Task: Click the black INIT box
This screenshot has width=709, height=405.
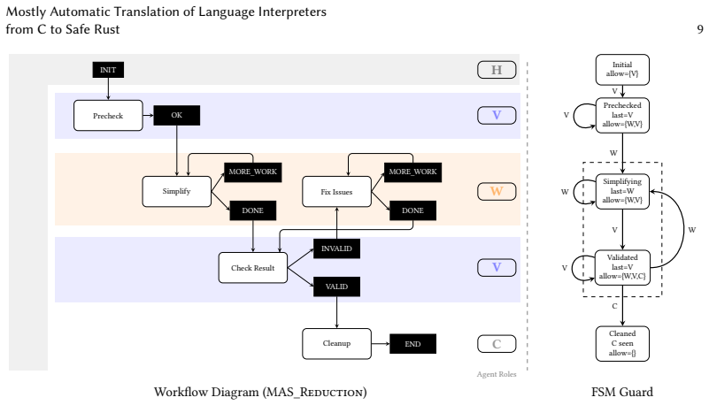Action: (x=108, y=70)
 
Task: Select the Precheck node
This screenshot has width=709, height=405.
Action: (x=108, y=116)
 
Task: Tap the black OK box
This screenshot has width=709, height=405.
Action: (x=177, y=115)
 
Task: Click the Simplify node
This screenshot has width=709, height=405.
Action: (x=177, y=191)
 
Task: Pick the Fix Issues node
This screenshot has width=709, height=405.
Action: (x=337, y=191)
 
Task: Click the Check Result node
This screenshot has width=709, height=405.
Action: (x=253, y=268)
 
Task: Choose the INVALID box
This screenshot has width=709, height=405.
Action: (x=337, y=248)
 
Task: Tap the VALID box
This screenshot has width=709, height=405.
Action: (x=337, y=287)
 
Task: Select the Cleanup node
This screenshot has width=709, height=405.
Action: (x=337, y=344)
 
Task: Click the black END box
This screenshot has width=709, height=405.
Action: (x=412, y=344)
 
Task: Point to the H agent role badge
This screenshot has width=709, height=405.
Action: (x=497, y=70)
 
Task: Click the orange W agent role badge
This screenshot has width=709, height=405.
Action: (x=497, y=191)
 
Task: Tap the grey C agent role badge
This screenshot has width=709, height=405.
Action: (x=497, y=344)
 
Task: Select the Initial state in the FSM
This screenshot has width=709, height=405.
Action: (x=622, y=70)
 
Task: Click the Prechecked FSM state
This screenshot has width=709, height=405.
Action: (x=622, y=115)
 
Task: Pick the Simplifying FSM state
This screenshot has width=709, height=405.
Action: (x=622, y=191)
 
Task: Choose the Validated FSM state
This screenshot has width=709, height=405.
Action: (x=622, y=267)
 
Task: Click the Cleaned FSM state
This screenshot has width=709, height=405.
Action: (x=622, y=344)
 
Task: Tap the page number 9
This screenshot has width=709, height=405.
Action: (x=700, y=29)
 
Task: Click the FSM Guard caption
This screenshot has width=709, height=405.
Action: (x=622, y=392)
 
